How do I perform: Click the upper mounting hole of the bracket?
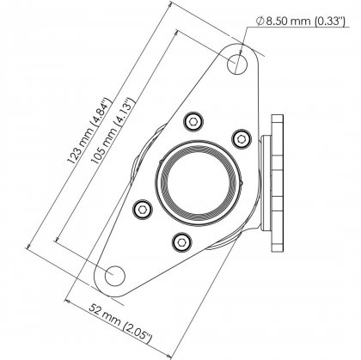[x=240, y=62]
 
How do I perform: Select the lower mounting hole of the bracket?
[x=114, y=273]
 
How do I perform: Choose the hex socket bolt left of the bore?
[x=143, y=207]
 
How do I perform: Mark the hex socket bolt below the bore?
[x=180, y=242]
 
